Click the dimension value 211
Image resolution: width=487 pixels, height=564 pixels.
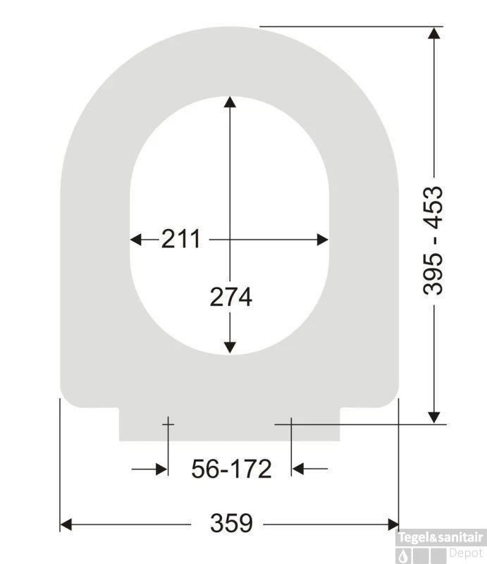point(180,240)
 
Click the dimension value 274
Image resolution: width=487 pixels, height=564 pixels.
point(230,298)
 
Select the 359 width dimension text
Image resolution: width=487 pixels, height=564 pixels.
point(231,524)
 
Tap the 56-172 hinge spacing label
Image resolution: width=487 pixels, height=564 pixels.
point(231,468)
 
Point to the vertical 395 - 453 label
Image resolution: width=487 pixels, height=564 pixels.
point(433,240)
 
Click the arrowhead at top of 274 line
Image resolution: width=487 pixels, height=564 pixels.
point(230,103)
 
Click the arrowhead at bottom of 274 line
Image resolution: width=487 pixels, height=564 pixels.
point(230,346)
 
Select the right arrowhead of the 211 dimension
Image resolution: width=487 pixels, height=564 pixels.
point(322,240)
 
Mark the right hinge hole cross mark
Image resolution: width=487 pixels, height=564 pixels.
point(291,424)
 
